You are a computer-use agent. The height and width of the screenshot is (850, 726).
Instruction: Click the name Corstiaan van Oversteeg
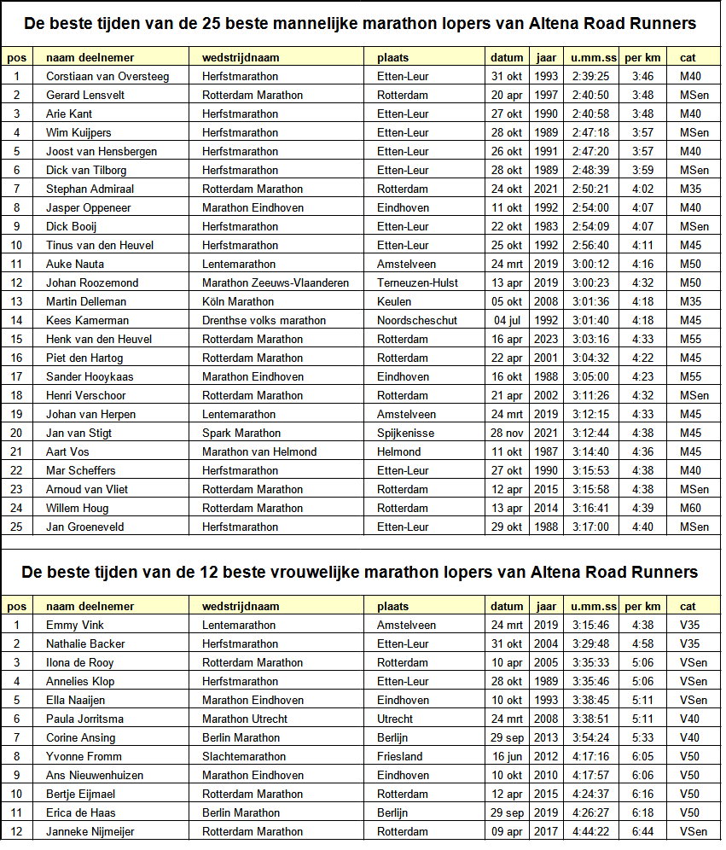tap(107, 76)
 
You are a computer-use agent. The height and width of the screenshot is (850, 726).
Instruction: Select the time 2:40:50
tap(590, 95)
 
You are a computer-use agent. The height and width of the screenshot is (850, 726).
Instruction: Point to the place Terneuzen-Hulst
tap(417, 282)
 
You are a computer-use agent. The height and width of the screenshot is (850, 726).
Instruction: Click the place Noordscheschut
tap(417, 320)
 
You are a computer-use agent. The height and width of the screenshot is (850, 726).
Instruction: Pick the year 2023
tap(546, 339)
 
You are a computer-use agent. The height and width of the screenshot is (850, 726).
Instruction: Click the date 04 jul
tap(507, 320)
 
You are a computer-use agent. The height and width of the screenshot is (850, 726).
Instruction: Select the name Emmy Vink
tap(74, 625)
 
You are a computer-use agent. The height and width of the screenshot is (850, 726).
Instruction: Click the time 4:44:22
tap(590, 831)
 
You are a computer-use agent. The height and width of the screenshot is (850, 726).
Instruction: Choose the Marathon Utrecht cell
tap(245, 719)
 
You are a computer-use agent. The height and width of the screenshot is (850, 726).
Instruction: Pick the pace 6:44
tap(642, 831)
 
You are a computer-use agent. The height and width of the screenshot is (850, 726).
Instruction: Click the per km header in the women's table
tap(642, 606)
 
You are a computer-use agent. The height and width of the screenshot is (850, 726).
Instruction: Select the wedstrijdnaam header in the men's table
tap(241, 57)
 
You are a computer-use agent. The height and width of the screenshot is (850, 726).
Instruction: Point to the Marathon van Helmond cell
tap(259, 451)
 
